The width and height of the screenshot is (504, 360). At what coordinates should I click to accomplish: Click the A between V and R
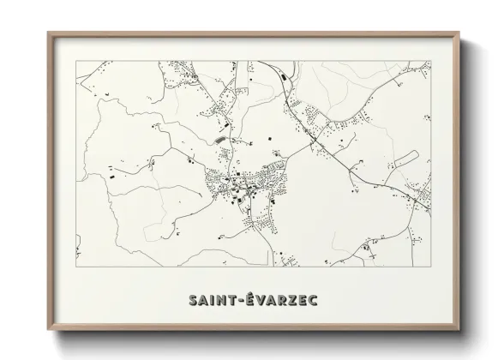pyautogui.click(x=273, y=300)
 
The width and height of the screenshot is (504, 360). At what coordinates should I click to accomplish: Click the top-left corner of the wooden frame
pyautogui.click(x=48, y=33)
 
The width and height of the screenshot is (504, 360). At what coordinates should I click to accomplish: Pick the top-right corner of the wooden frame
pyautogui.click(x=459, y=33)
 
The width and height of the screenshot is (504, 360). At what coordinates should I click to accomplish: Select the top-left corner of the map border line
pyautogui.click(x=76, y=61)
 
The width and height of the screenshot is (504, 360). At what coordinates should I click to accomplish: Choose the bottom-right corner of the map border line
pyautogui.click(x=431, y=267)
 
